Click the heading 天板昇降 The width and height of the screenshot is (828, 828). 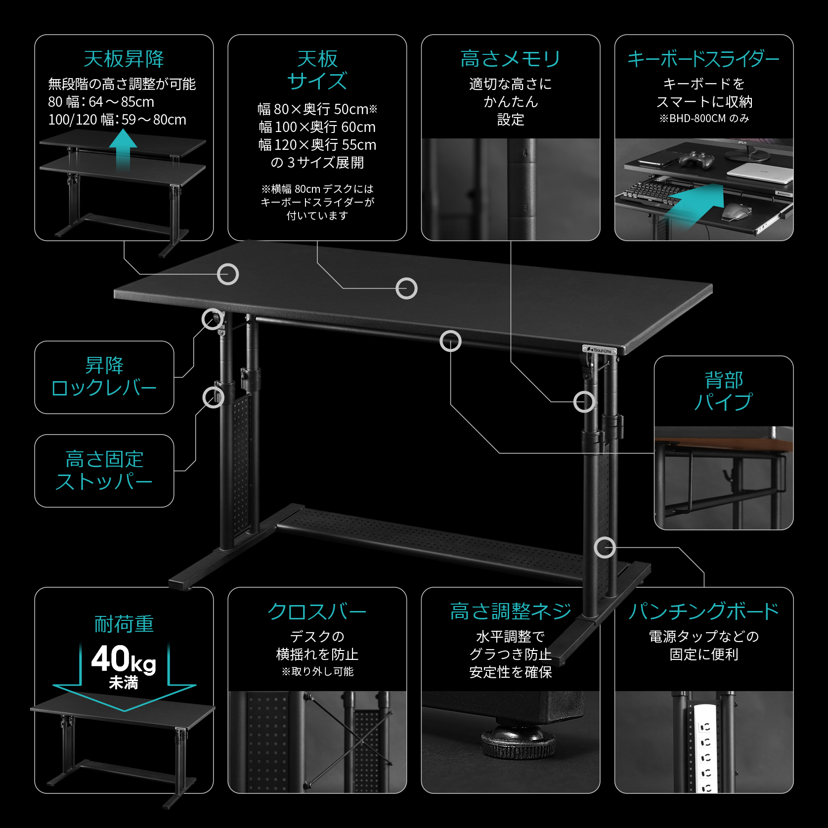pos(124,59)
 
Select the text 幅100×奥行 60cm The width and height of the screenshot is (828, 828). pos(317,127)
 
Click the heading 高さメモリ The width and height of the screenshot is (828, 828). pos(510,59)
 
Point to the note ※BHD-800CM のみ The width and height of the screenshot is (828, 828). pos(703,119)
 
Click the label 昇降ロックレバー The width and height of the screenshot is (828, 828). pos(104,377)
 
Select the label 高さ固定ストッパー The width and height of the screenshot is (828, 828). pos(104,471)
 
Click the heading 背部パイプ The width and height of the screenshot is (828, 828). pos(723,391)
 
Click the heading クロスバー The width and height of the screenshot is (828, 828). pos(317,612)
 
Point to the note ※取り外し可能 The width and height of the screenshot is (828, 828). pos(317,672)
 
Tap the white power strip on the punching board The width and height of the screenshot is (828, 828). pos(704,746)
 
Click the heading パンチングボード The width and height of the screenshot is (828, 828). pos(703,612)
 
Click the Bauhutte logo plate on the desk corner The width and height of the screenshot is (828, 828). pos(600,350)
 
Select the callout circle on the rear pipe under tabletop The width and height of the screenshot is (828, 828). pos(450,341)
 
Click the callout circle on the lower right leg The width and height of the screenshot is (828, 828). pos(605,547)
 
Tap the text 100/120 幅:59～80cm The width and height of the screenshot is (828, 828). pos(117,120)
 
